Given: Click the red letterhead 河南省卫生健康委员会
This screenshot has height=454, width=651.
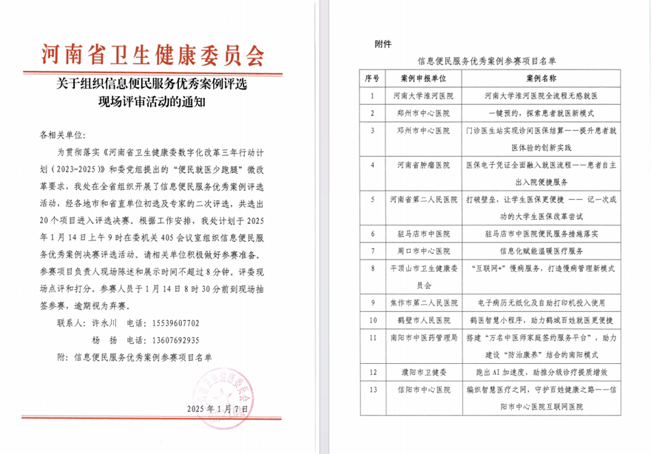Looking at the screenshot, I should click(x=153, y=54).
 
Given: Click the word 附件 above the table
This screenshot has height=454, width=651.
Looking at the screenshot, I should click(x=383, y=44).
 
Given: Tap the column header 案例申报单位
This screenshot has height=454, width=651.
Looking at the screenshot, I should click(x=423, y=78).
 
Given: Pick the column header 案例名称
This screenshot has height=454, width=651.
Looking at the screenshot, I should click(x=541, y=78).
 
